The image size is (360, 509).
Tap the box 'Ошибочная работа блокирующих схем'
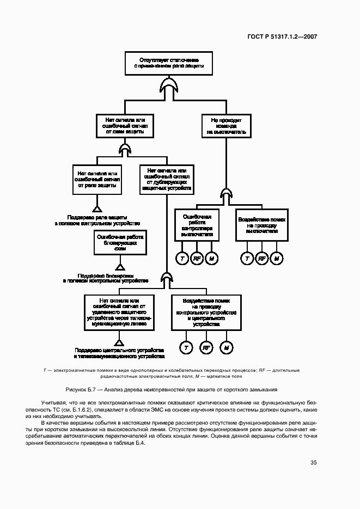pyautogui.click(x=120, y=242)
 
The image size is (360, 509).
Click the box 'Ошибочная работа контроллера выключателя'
pyautogui.click(x=197, y=224)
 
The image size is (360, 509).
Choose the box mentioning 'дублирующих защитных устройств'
pyautogui.click(x=167, y=179)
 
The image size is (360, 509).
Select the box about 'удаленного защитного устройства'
pyautogui.click(x=120, y=312)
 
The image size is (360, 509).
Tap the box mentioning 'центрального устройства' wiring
pyautogui.click(x=206, y=312)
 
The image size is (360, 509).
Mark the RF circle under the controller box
pyautogui.click(x=197, y=259)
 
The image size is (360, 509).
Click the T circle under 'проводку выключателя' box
pyautogui.click(x=247, y=259)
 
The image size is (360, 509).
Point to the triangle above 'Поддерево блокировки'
pyautogui.click(x=120, y=266)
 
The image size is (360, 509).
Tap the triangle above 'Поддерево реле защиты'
pyautogui.click(x=97, y=207)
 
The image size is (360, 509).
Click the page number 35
pyautogui.click(x=313, y=463)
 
